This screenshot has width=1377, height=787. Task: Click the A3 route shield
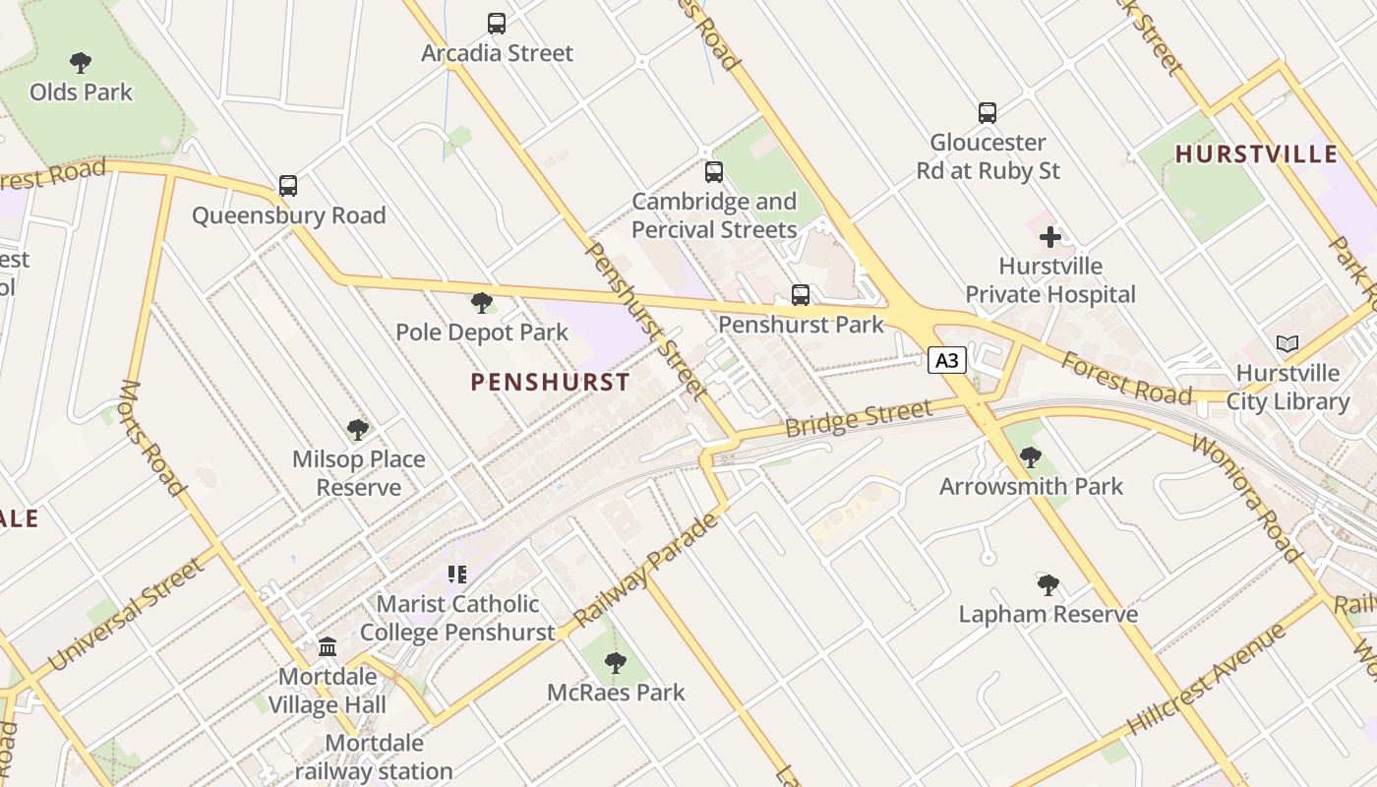click(946, 361)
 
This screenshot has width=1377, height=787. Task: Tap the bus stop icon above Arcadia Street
click(497, 23)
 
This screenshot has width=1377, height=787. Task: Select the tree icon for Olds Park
click(81, 63)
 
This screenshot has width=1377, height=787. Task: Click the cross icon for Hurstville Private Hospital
click(1050, 237)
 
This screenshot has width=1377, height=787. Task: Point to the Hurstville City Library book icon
click(1287, 343)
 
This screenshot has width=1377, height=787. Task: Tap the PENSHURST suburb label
click(550, 383)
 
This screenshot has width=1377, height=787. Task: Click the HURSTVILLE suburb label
click(1256, 154)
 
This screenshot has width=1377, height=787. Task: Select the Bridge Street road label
click(858, 417)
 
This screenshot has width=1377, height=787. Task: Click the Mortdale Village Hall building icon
click(328, 647)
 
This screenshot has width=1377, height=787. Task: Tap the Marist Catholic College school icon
click(456, 574)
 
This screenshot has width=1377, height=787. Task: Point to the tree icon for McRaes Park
click(616, 663)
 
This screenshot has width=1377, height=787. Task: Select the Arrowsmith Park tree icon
click(1030, 457)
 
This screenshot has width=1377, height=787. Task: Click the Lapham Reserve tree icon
click(1048, 585)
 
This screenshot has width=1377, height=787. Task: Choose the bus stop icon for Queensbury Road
click(287, 186)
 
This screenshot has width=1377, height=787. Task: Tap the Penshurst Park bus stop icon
click(801, 295)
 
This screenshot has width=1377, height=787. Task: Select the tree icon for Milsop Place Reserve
click(358, 430)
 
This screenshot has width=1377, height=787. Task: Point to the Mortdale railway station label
click(374, 757)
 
